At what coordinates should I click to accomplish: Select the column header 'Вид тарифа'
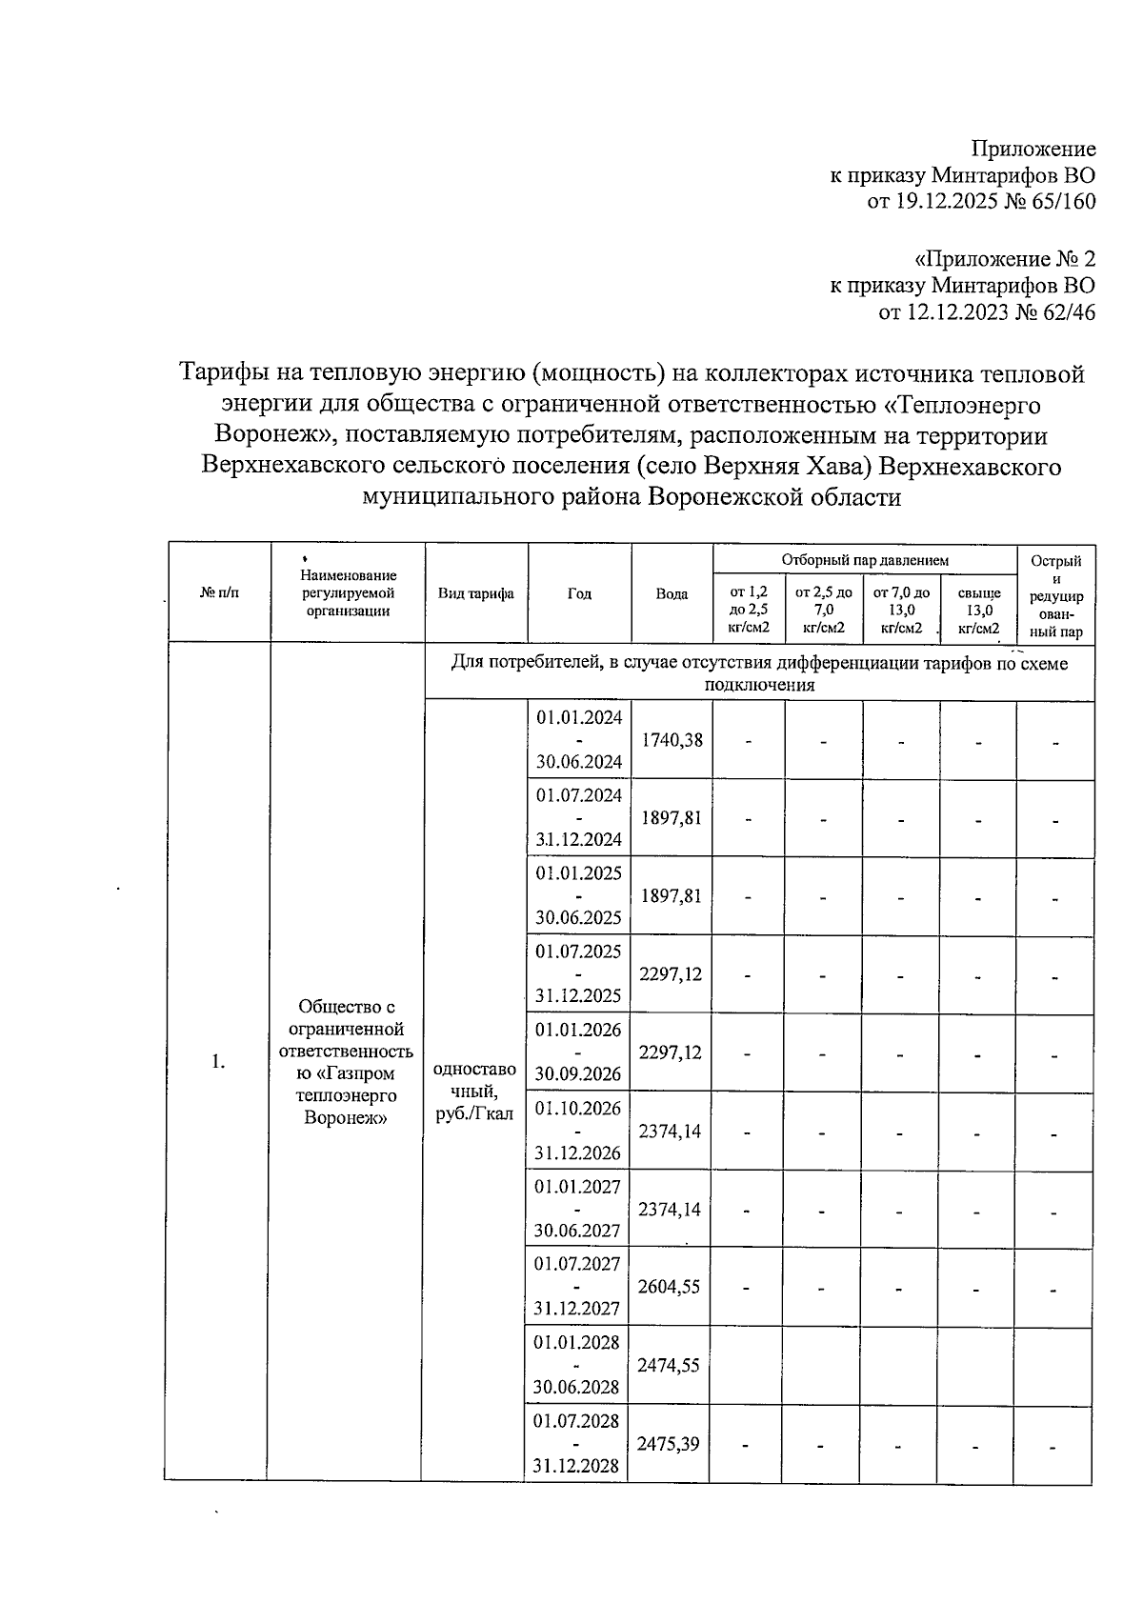pos(476,593)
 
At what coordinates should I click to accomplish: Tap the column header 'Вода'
pos(672,593)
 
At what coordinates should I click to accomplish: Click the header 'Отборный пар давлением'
pos(865,560)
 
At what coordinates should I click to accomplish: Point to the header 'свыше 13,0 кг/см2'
pos(979,610)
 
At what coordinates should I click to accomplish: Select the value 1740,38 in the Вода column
pos(672,740)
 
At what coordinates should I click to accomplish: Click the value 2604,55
pos(669,1287)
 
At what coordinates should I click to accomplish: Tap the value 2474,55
pos(669,1365)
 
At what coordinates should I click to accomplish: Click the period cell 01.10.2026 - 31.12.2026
pos(577,1131)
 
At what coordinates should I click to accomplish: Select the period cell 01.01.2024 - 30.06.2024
pos(579,739)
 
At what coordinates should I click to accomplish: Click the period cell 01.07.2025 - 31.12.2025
pos(578,973)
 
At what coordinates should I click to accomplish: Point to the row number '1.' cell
pos(219,1062)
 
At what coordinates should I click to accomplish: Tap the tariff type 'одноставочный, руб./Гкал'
pos(474,1092)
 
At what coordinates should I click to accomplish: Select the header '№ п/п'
pos(220,593)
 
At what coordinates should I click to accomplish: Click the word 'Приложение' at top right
pos(1033,149)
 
